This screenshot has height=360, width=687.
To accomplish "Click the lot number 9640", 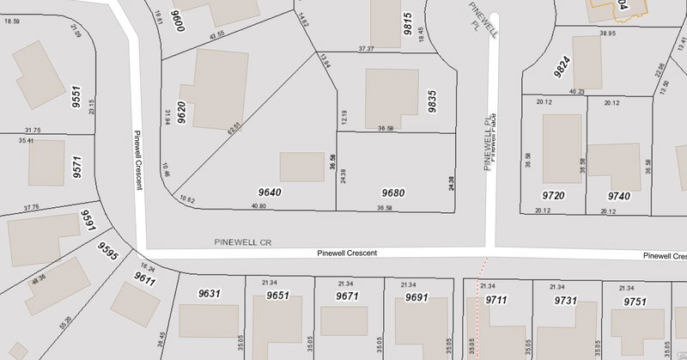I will pyautogui.click(x=269, y=193).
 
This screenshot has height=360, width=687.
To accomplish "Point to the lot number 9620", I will pyautogui.click(x=181, y=113).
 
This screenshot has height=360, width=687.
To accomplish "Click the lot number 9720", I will pyautogui.click(x=553, y=196).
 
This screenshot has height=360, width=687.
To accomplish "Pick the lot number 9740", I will pyautogui.click(x=618, y=196).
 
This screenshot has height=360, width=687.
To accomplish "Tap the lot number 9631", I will pyautogui.click(x=210, y=293).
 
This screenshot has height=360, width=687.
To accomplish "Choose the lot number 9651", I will pyautogui.click(x=277, y=295).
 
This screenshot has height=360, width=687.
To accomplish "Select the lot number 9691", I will pyautogui.click(x=416, y=297).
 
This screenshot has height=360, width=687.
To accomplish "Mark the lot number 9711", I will pyautogui.click(x=497, y=299).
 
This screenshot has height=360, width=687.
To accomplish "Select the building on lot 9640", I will pyautogui.click(x=302, y=167).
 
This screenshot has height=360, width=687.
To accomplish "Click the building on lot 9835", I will pyautogui.click(x=392, y=98).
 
